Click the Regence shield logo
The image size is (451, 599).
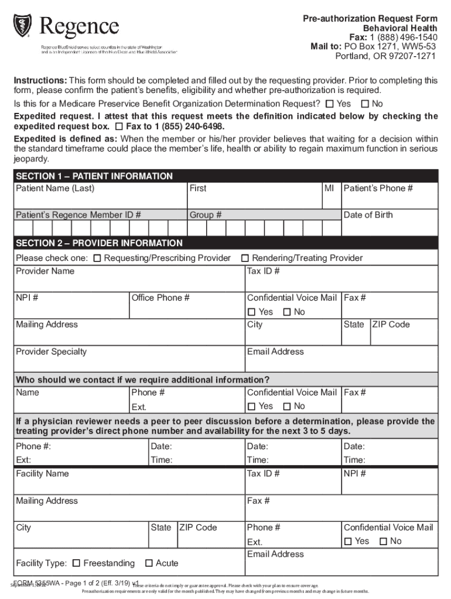coord(22,24)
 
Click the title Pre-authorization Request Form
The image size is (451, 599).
coord(370,19)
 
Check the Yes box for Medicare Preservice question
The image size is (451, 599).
coord(330,104)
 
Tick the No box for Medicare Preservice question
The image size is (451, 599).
coord(365,104)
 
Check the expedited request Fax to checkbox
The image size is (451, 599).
coord(119,127)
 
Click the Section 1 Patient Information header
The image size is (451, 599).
coord(94,176)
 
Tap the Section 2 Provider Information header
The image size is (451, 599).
coord(99,243)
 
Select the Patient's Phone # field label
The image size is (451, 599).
coord(378,188)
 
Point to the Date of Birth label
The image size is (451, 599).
coord(368,215)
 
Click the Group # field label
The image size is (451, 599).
coord(205,215)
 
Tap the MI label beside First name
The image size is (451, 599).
coord(329,188)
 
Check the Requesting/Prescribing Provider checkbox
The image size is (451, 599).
coord(97,258)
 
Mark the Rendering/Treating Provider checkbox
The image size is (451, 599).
coord(246,258)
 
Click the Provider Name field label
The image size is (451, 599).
coord(45,271)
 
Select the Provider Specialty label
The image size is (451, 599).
coord(51,352)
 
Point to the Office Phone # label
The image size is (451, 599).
coord(160,298)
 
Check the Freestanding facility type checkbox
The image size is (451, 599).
coord(76,563)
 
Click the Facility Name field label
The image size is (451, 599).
coord(42,473)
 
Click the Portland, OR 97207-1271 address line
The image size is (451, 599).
coord(385,56)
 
